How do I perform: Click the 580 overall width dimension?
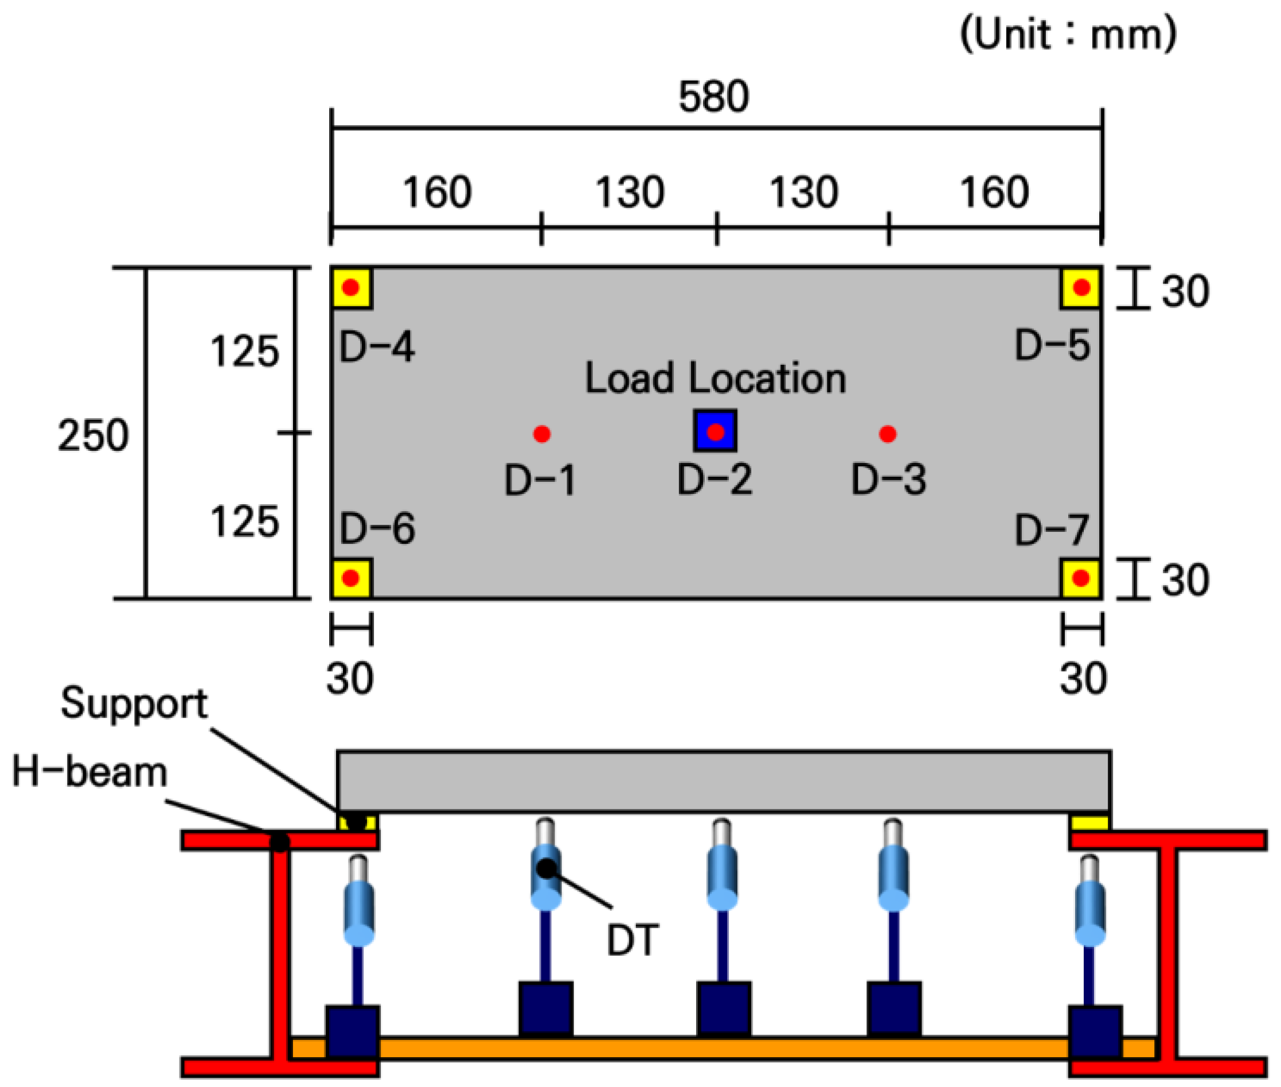(x=714, y=97)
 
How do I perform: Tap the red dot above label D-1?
(x=542, y=434)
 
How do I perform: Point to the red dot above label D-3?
(x=888, y=434)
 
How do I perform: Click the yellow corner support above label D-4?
(x=351, y=288)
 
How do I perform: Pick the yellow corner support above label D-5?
(x=1081, y=288)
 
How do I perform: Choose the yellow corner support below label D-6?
(x=351, y=578)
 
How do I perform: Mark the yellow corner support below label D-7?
(x=1081, y=578)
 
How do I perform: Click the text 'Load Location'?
(x=715, y=378)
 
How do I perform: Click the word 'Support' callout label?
(x=134, y=704)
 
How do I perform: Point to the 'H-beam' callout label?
(x=90, y=772)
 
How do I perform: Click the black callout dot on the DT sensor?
(x=546, y=868)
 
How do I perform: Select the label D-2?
(x=715, y=479)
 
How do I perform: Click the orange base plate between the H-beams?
(x=723, y=1047)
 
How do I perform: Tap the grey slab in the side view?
(x=724, y=781)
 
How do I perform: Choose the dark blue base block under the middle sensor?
(x=724, y=1010)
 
